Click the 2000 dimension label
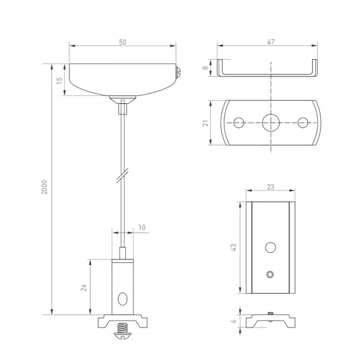pos(44,187)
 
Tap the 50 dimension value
pos(123,42)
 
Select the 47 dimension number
pos(271,42)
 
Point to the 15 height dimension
pos(60,80)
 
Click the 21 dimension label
pos(206,123)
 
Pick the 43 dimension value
pos(234,247)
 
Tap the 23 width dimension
pos(270,187)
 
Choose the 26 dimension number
pos(84,287)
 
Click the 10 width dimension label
pos(142,228)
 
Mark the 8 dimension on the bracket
pos(206,67)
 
